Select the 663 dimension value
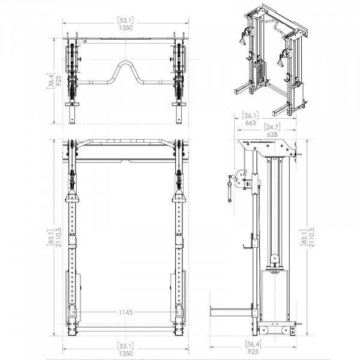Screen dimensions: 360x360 251,123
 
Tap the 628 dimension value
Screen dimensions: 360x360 273,135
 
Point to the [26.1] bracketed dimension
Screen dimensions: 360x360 251,115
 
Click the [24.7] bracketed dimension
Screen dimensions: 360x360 273,127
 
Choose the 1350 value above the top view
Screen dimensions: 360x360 126,28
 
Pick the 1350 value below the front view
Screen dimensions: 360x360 126,354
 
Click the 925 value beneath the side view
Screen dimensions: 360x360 253,352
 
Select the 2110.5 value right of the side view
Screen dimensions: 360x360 313,239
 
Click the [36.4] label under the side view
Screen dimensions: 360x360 253,344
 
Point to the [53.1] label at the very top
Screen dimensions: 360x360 126,20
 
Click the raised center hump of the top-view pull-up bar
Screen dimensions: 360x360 126,64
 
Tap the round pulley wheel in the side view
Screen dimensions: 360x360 275,260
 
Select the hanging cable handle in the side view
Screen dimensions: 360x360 230,188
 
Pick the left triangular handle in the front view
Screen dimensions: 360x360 71,197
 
